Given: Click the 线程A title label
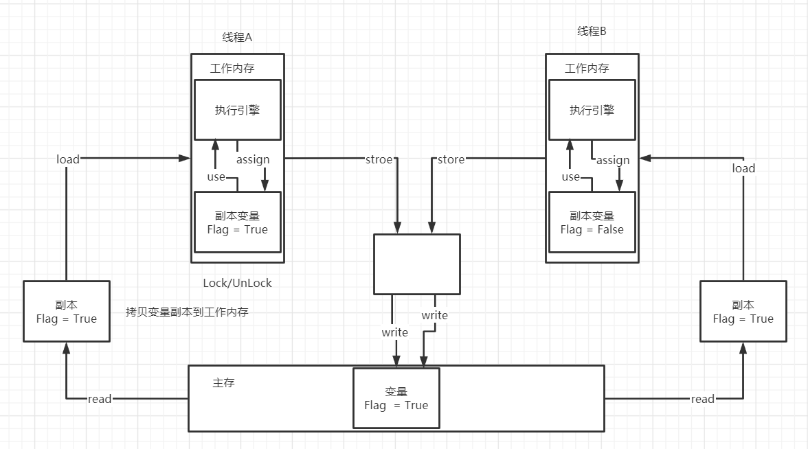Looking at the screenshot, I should click(x=237, y=38).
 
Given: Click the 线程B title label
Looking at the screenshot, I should click(x=592, y=32).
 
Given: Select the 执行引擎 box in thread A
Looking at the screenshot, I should click(x=237, y=110).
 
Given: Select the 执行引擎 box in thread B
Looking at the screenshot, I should click(x=592, y=110).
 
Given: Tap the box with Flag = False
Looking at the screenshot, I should click(x=592, y=222).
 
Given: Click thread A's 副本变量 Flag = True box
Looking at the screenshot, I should click(x=237, y=222).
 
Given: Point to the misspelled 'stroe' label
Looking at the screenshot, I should click(x=379, y=159).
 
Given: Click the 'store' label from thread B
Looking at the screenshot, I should click(x=451, y=159).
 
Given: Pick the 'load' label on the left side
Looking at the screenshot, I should click(x=68, y=159).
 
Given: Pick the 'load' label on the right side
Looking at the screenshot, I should click(x=743, y=168).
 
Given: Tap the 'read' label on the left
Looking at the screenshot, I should click(x=100, y=399).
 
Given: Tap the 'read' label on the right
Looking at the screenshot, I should click(x=702, y=399).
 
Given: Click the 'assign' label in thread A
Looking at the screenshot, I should click(x=253, y=159).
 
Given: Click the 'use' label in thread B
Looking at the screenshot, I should click(x=571, y=177).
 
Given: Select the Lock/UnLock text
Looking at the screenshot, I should click(x=237, y=283).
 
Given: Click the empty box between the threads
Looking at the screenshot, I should click(x=416, y=264).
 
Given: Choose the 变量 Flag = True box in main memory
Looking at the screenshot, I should click(x=396, y=398).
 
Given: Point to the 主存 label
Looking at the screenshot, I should click(x=224, y=382).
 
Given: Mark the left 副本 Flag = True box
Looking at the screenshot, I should click(x=66, y=311).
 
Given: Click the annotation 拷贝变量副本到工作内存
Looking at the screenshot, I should click(x=187, y=312).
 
